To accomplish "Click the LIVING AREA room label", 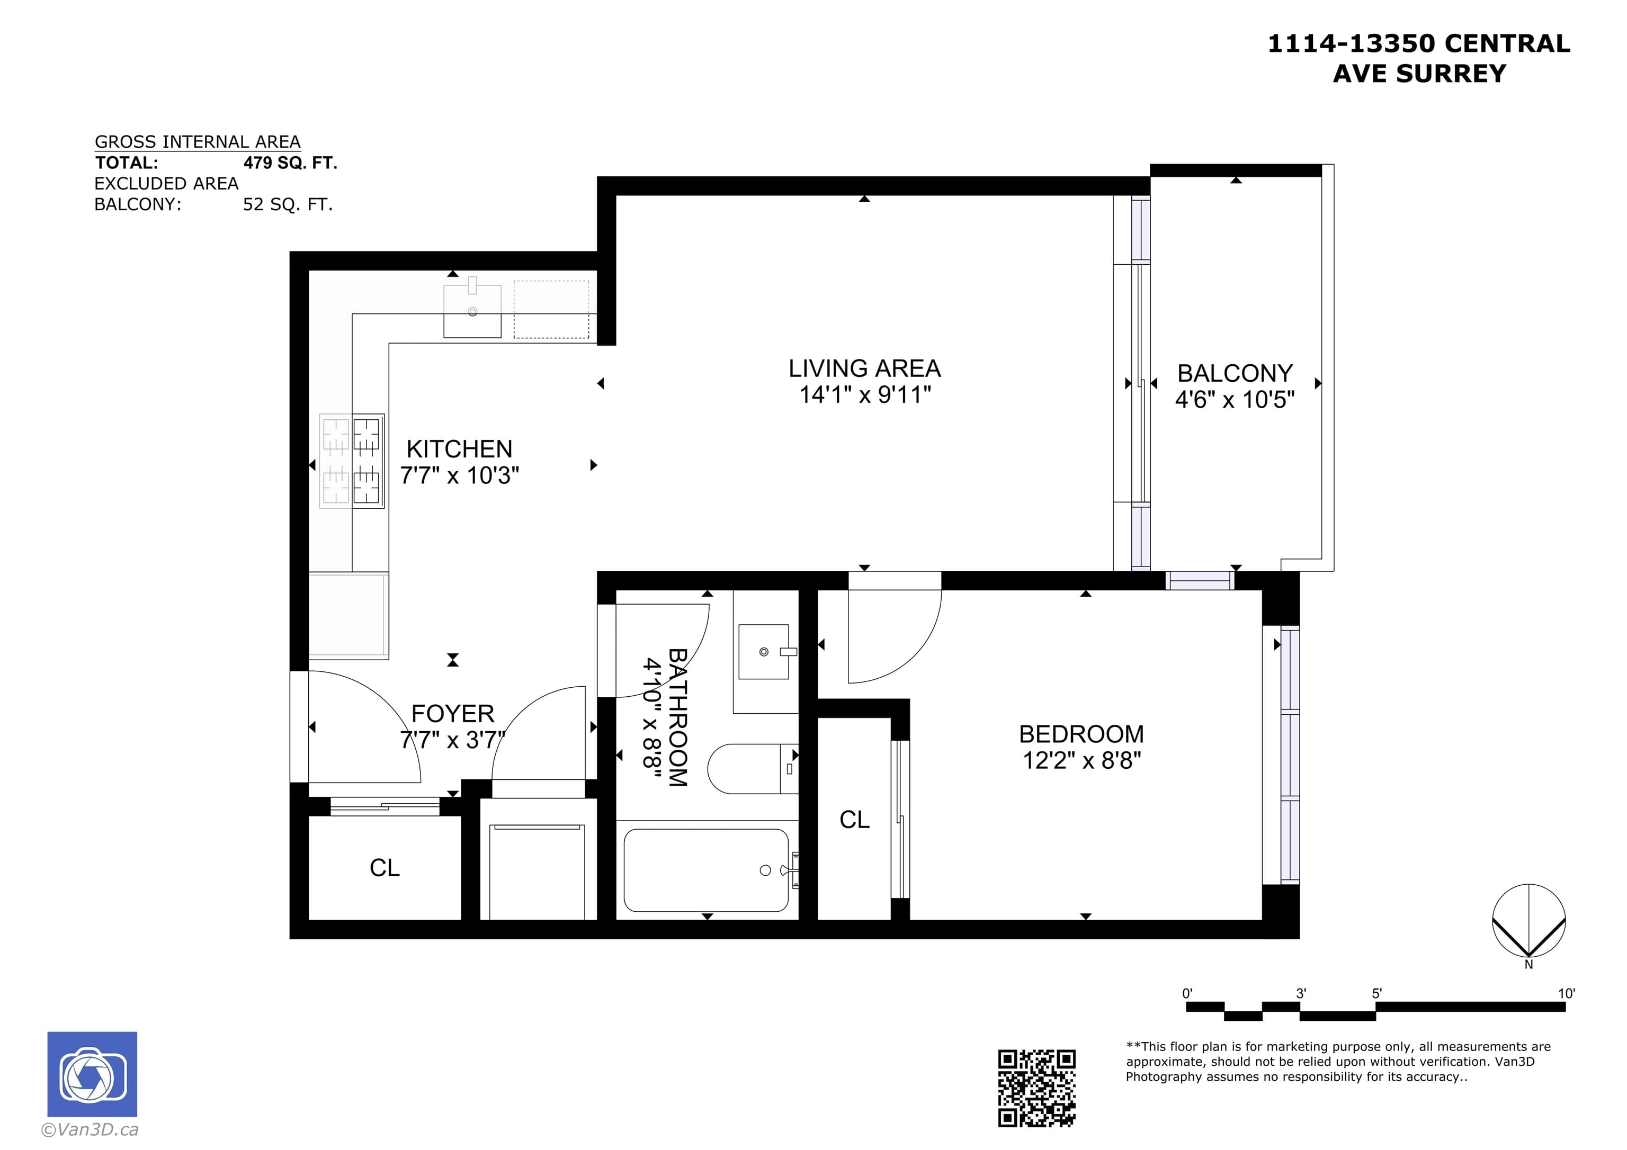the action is pyautogui.click(x=864, y=369).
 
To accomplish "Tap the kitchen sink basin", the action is pyautogui.click(x=472, y=311).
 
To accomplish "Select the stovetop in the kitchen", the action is pyautogui.click(x=352, y=461).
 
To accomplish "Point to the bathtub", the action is pyautogui.click(x=706, y=870).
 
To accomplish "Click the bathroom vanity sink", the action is pyautogui.click(x=764, y=652).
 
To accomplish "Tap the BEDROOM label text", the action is pyautogui.click(x=1081, y=734).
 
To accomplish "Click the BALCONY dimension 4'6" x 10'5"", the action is pyautogui.click(x=1235, y=400).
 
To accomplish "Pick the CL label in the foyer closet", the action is pyautogui.click(x=385, y=868).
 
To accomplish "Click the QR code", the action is pyautogui.click(x=1036, y=1088).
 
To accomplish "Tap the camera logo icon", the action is pyautogui.click(x=92, y=1074).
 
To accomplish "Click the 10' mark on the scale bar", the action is pyautogui.click(x=1566, y=993).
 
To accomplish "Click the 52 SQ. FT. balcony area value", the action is pyautogui.click(x=288, y=205).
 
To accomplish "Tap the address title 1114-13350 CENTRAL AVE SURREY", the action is pyautogui.click(x=1419, y=58).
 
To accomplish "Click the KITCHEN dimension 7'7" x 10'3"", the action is pyautogui.click(x=459, y=475).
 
